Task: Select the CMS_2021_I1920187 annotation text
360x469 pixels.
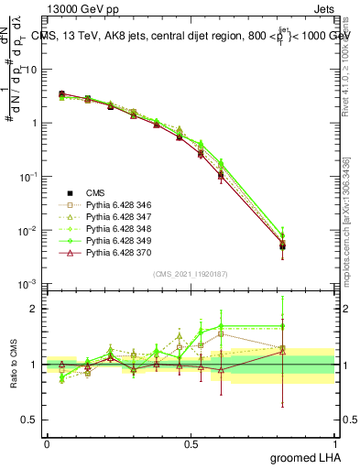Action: tap(190, 273)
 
